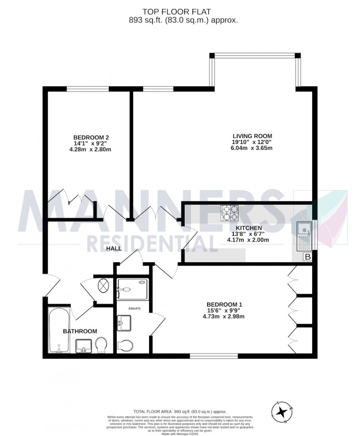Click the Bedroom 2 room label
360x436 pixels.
tap(91, 138)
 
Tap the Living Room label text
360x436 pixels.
tap(251, 136)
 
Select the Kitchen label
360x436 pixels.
tap(248, 228)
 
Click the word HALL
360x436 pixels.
tap(114, 249)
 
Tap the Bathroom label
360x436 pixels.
tap(80, 331)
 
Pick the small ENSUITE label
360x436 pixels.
tap(132, 308)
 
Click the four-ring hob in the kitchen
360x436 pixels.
tap(230, 213)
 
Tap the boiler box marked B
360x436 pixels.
tap(307, 257)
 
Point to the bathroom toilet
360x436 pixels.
tap(101, 346)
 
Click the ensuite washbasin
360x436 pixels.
tap(124, 322)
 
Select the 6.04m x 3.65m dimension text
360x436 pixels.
tap(251, 148)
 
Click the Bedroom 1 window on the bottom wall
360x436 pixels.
tap(208, 356)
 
